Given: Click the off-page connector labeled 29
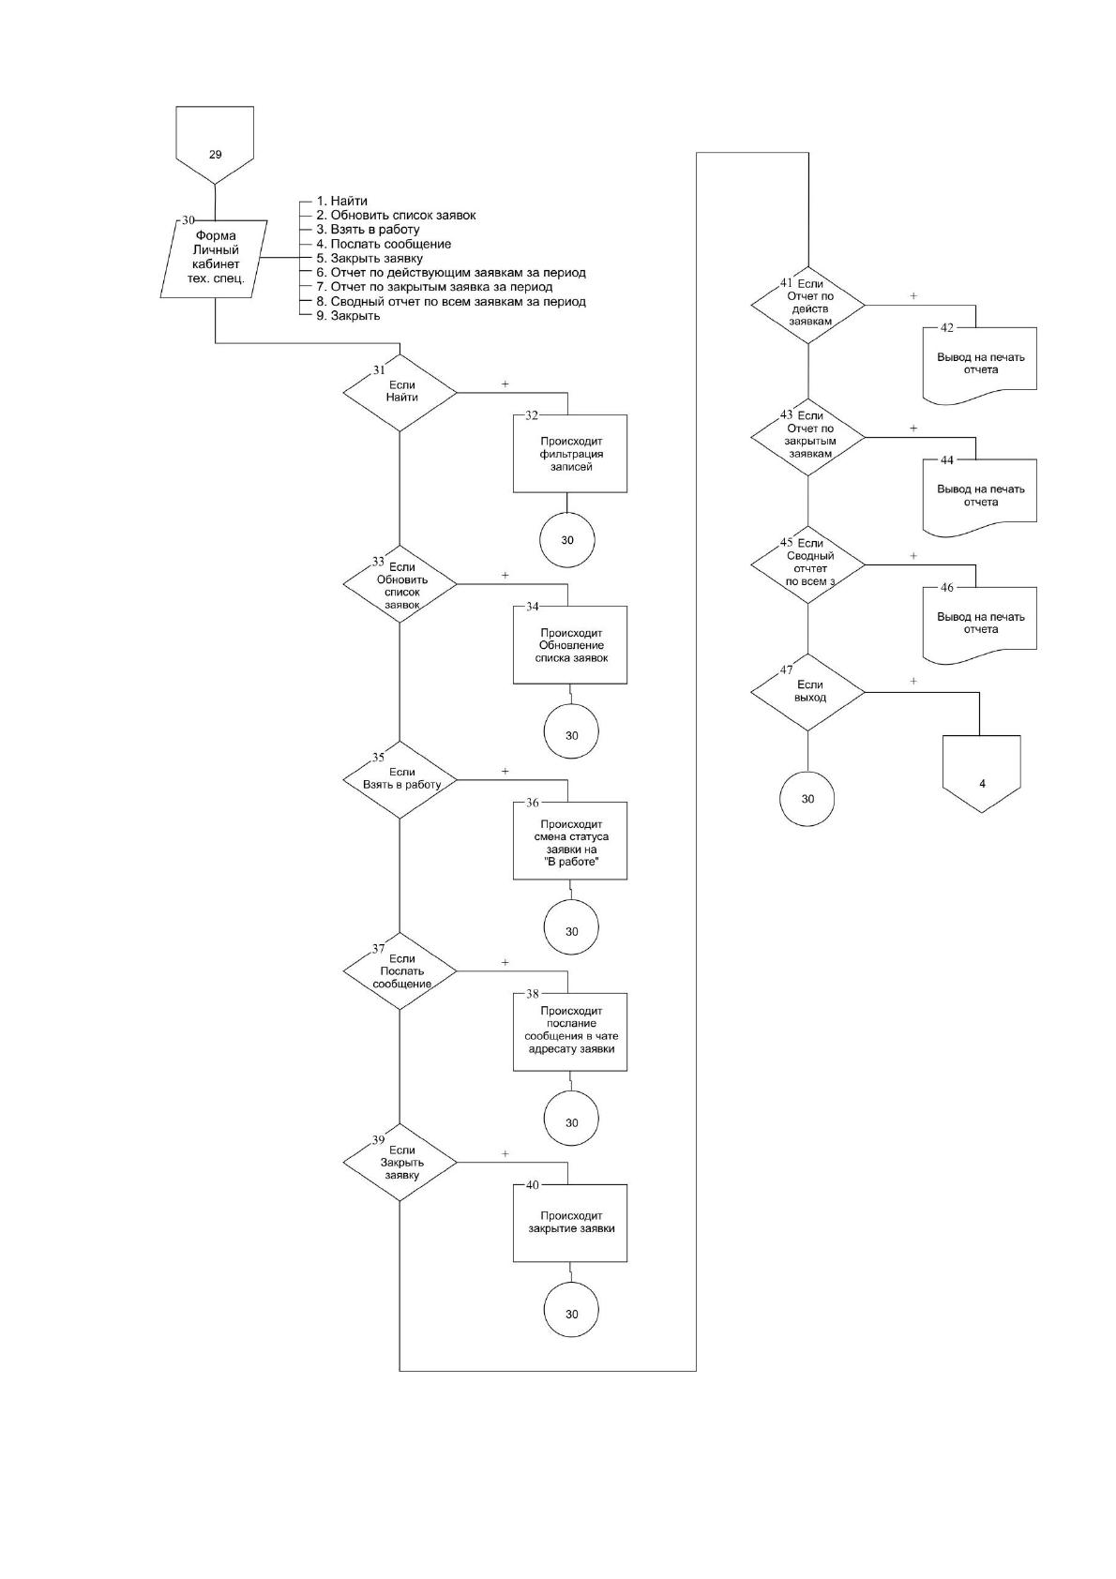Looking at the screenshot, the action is click(x=215, y=145).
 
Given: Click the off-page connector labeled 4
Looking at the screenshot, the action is click(x=981, y=774).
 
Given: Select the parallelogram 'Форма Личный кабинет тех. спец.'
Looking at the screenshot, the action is click(x=215, y=259).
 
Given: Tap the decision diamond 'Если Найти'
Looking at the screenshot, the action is click(x=400, y=392).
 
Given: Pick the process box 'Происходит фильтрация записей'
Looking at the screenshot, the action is click(x=569, y=453).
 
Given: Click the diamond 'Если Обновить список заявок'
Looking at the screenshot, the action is click(x=400, y=583).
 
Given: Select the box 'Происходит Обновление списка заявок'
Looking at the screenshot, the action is click(x=569, y=644).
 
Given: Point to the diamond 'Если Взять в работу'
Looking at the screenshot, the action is click(x=400, y=779).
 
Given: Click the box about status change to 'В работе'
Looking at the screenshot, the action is click(x=569, y=840).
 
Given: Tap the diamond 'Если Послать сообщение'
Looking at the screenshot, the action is click(x=400, y=970).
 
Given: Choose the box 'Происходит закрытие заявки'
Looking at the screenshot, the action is click(x=569, y=1223).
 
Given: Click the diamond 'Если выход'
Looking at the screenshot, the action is click(x=807, y=692).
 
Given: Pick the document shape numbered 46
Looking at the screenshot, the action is click(x=980, y=624).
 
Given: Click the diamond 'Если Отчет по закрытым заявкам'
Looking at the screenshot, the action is click(x=807, y=437).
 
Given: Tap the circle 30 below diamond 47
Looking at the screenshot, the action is click(x=807, y=799).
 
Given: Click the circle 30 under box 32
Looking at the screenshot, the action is click(x=566, y=540).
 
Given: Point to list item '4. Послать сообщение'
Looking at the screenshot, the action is click(x=384, y=244).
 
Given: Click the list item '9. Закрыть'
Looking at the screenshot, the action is click(x=348, y=316).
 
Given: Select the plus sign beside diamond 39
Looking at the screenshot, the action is click(x=505, y=1154).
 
